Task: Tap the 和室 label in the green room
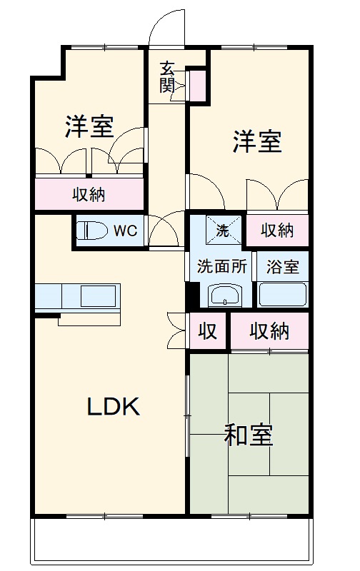pyautogui.click(x=249, y=435)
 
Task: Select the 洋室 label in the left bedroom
pyautogui.click(x=90, y=127)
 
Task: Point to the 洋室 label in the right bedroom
pyautogui.click(x=256, y=142)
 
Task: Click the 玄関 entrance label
pyautogui.click(x=167, y=77)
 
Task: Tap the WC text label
pyautogui.click(x=126, y=231)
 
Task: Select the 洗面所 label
pyautogui.click(x=222, y=267)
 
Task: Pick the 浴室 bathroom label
pyautogui.click(x=283, y=268)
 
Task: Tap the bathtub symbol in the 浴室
pyautogui.click(x=282, y=293)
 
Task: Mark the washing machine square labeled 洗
pyautogui.click(x=222, y=230)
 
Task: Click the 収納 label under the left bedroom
pyautogui.click(x=89, y=193)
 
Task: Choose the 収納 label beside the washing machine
pyautogui.click(x=277, y=230)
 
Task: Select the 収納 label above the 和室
pyautogui.click(x=269, y=330)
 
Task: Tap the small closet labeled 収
pyautogui.click(x=208, y=331)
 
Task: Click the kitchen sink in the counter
pyautogui.click(x=99, y=295)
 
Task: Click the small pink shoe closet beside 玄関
pyautogui.click(x=198, y=84)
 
